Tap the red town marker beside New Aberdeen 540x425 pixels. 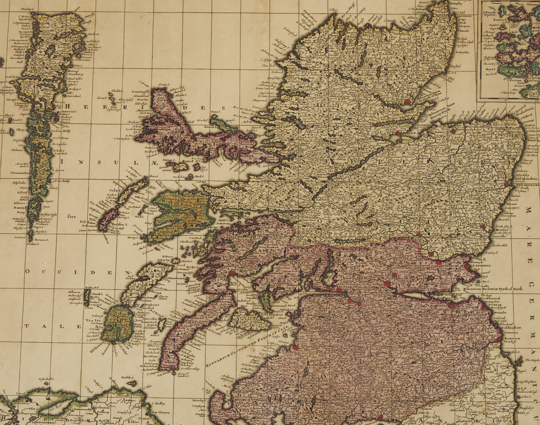coord(507,184)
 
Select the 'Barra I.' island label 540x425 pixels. coord(19,207)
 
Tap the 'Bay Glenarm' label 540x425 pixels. coord(162,412)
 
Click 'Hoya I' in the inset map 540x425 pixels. coord(490,68)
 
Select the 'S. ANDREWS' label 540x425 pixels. coord(482,266)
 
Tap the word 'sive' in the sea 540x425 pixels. coord(71,216)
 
